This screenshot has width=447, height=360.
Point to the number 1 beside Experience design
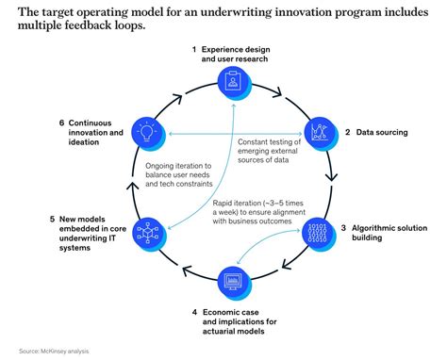193,48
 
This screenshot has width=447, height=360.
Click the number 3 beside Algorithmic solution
343,227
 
